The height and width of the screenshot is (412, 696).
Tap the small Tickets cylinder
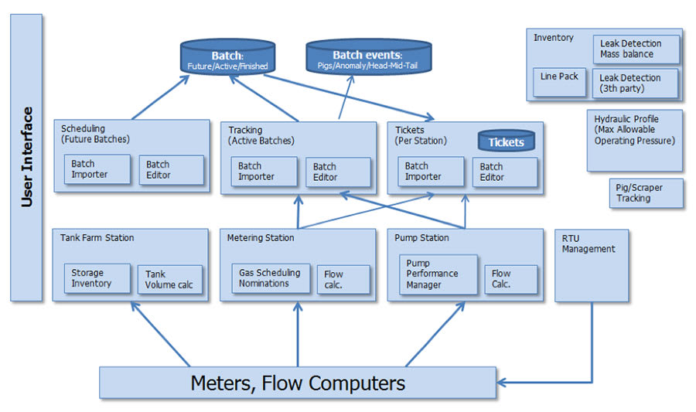pyautogui.click(x=506, y=141)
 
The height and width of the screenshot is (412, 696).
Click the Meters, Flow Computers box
pyautogui.click(x=297, y=383)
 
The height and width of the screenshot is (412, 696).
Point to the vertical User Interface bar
pyautogui.click(x=26, y=157)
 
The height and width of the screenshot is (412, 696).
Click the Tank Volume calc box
pyautogui.click(x=169, y=279)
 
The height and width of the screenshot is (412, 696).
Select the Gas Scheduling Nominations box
pyautogui.click(x=271, y=278)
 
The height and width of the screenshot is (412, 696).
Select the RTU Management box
pyautogui.click(x=592, y=265)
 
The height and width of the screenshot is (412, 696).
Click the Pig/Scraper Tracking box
pyautogui.click(x=645, y=193)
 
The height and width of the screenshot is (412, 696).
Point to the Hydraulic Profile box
pyautogui.click(x=634, y=140)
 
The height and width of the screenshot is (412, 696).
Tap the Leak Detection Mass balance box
pyautogui.click(x=636, y=49)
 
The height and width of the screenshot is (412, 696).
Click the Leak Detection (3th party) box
pyautogui.click(x=636, y=83)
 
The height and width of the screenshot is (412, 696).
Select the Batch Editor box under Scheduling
pyautogui.click(x=171, y=170)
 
